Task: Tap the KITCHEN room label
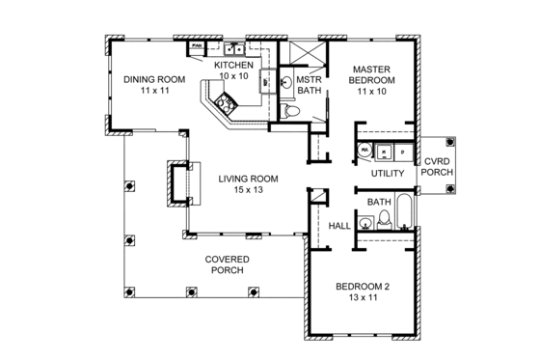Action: [x=233, y=65]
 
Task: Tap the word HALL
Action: [x=339, y=225]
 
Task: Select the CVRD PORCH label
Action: [x=436, y=167]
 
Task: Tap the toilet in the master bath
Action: [x=297, y=114]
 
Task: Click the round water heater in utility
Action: [x=364, y=151]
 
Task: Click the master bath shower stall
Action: [x=307, y=52]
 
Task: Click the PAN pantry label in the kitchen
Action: [x=196, y=45]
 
